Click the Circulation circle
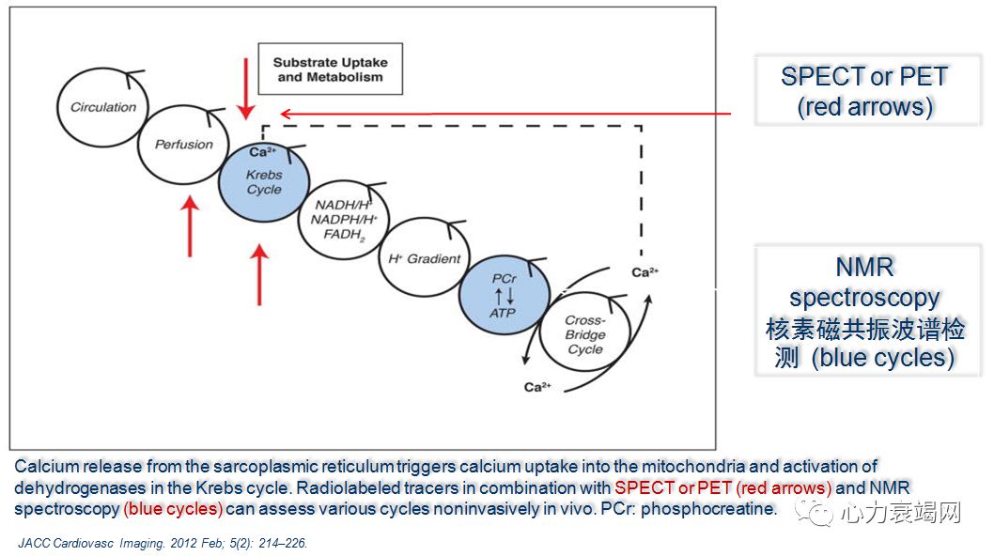click(103, 107)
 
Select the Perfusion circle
click(183, 145)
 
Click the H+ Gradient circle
click(424, 258)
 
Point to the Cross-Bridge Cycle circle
click(584, 334)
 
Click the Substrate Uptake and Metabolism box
click(330, 69)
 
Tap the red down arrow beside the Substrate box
click(246, 88)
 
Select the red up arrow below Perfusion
click(191, 225)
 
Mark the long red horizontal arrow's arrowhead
click(286, 114)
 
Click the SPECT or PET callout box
click(864, 91)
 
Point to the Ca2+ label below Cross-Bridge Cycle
click(537, 387)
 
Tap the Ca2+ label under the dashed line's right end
click(645, 272)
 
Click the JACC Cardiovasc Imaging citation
click(163, 543)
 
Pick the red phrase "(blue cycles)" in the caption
click(173, 509)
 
